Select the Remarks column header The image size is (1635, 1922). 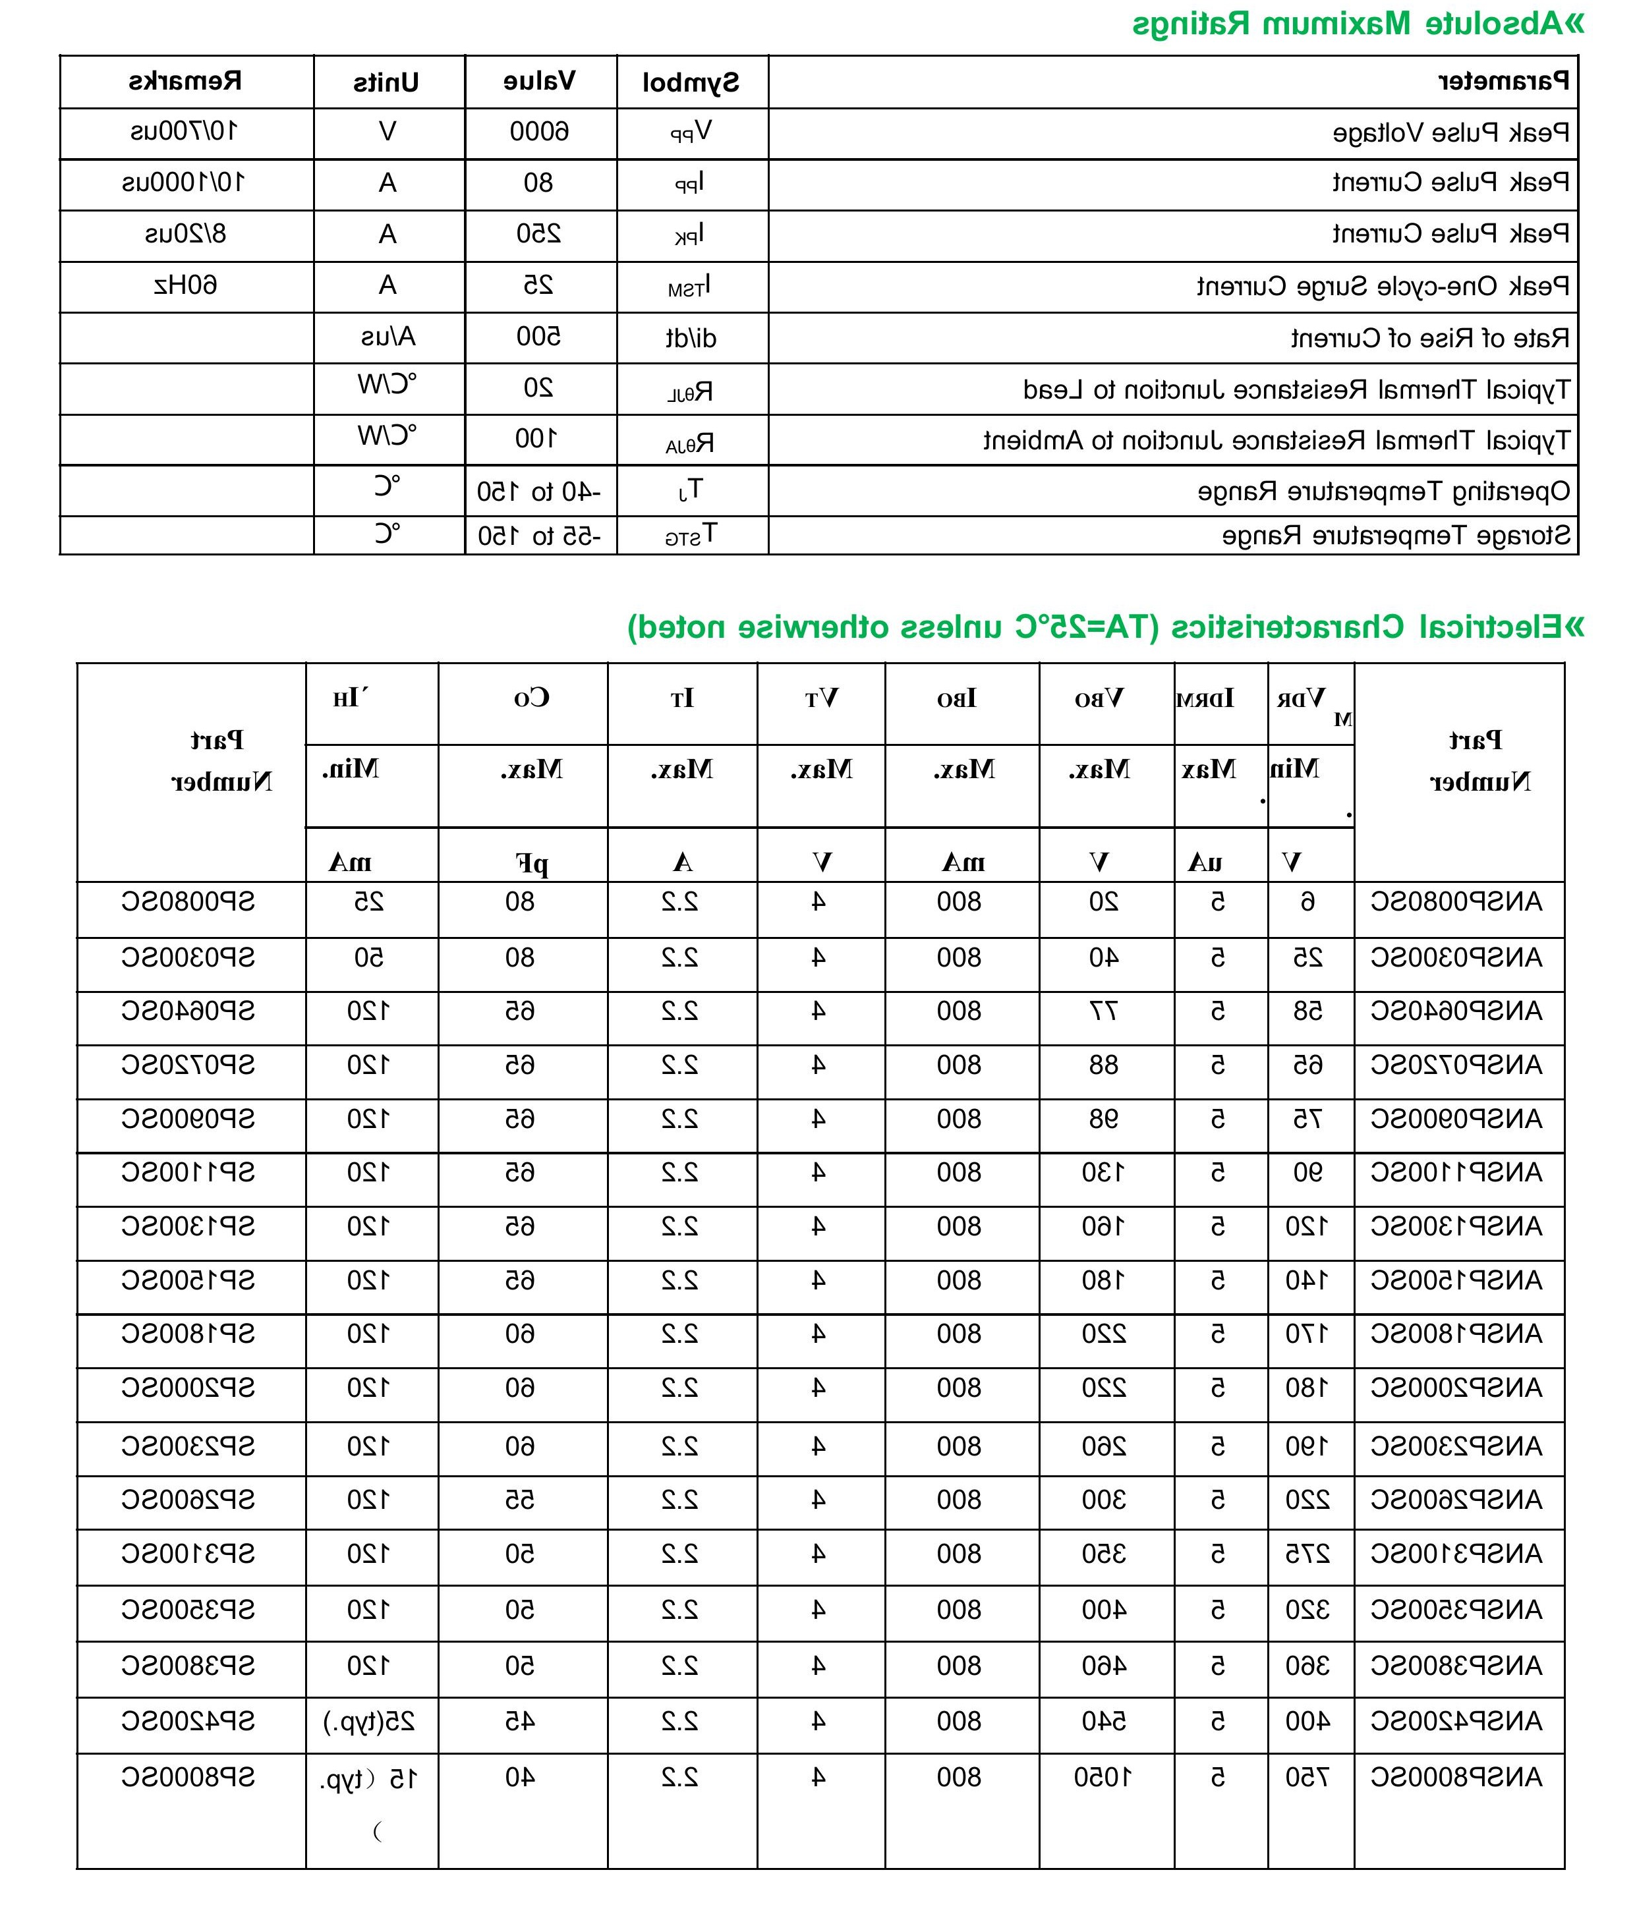(185, 82)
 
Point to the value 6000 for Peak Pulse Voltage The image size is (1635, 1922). (540, 132)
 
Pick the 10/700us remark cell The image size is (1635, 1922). (185, 132)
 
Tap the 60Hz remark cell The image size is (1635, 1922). (185, 285)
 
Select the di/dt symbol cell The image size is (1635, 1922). (691, 338)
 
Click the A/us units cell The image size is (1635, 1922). (388, 337)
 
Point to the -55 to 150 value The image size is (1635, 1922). (540, 536)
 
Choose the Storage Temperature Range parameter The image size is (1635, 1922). (1396, 536)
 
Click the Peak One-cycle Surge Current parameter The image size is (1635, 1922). (1383, 287)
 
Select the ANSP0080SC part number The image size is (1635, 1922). (1456, 901)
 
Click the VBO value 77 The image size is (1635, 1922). (1103, 1011)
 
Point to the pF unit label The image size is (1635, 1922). (532, 864)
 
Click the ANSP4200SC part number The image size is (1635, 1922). (1456, 1722)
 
